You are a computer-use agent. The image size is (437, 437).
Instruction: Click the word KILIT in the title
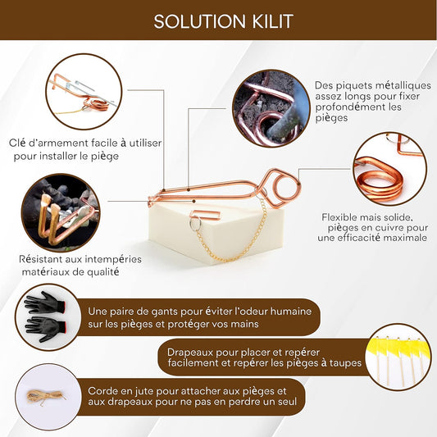[273, 21]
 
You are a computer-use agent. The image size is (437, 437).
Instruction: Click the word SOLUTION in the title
[199, 21]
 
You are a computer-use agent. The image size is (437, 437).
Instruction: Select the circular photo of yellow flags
[398, 357]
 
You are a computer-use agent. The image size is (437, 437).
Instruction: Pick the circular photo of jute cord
[48, 397]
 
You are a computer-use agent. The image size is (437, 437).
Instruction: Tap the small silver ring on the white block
[195, 224]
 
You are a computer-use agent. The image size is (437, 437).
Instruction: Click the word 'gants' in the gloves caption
[164, 312]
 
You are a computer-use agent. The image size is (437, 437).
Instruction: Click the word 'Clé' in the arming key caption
[17, 143]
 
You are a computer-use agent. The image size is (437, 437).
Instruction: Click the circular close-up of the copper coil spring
[390, 169]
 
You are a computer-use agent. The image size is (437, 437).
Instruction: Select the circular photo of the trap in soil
[271, 108]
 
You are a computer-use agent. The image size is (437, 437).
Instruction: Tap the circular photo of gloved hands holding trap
[61, 212]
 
